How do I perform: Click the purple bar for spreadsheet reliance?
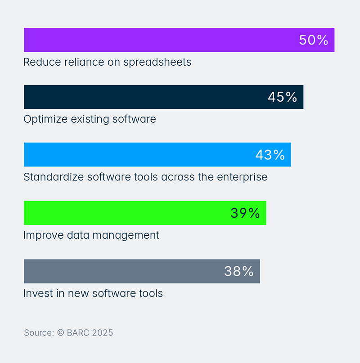point(157,40)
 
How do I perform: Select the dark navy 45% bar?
point(144,97)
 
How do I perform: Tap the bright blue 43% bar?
point(135,155)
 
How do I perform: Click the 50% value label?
point(314,40)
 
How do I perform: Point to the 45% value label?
point(282,97)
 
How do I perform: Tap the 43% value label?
point(270,155)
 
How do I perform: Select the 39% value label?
point(245,213)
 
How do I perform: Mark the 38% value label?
point(239,271)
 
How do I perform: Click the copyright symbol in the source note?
point(61,333)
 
